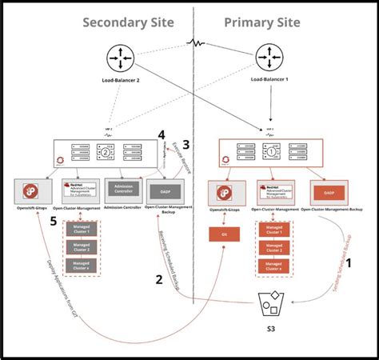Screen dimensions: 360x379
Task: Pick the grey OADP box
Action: pos(166,192)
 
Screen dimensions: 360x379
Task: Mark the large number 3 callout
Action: pos(186,145)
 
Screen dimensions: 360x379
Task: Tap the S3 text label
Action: pos(270,337)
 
